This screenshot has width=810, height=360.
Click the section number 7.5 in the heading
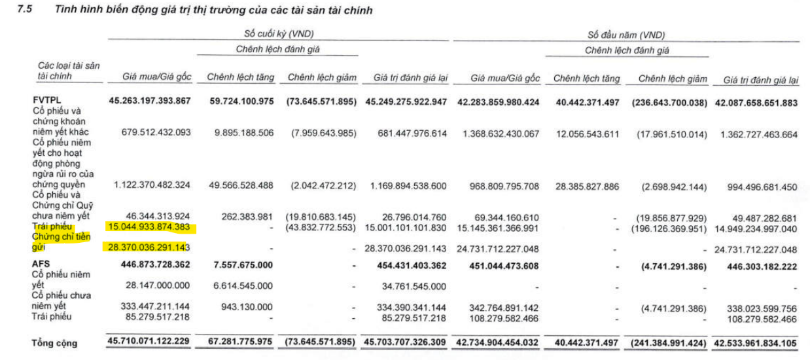click(x=31, y=10)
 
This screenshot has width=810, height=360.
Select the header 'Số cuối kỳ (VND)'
click(x=278, y=34)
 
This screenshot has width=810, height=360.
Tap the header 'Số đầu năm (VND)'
click(x=626, y=35)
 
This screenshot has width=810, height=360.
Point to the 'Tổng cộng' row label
click(x=54, y=343)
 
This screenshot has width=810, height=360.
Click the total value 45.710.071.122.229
click(x=149, y=342)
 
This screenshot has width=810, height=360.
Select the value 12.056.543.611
click(x=582, y=133)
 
